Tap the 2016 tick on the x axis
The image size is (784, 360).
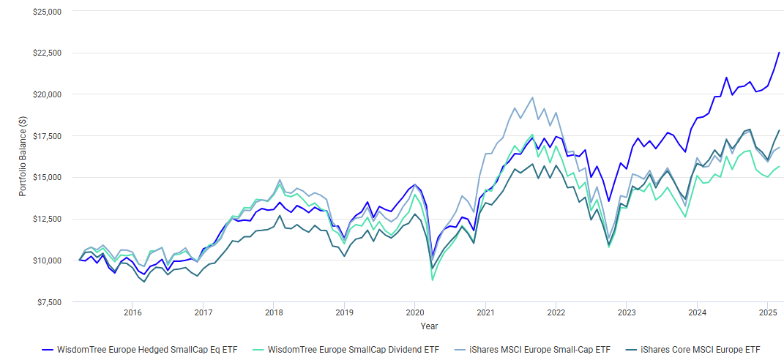(132, 312)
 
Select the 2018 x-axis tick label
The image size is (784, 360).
(274, 312)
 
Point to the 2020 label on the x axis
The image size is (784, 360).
(415, 312)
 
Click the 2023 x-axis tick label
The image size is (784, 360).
(627, 312)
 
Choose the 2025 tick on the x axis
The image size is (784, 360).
(767, 312)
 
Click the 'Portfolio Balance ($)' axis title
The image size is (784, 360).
(23, 157)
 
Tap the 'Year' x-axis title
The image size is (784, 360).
(430, 326)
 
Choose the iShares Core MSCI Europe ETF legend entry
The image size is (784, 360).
(701, 350)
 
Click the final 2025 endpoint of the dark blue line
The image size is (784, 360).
(779, 53)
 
